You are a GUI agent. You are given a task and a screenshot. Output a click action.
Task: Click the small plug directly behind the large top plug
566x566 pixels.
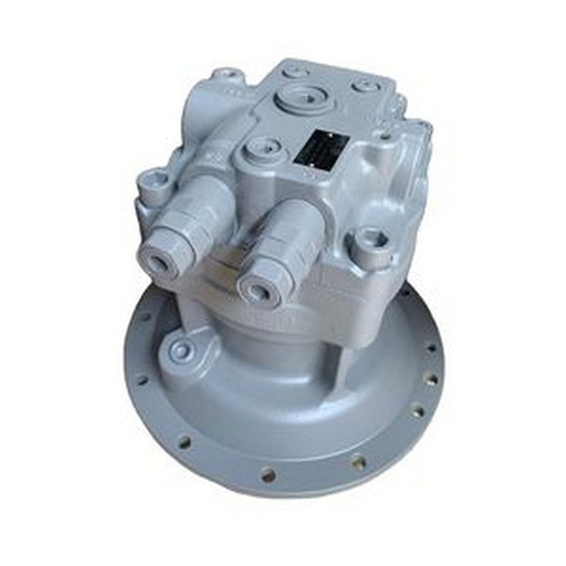tap(299, 71)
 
